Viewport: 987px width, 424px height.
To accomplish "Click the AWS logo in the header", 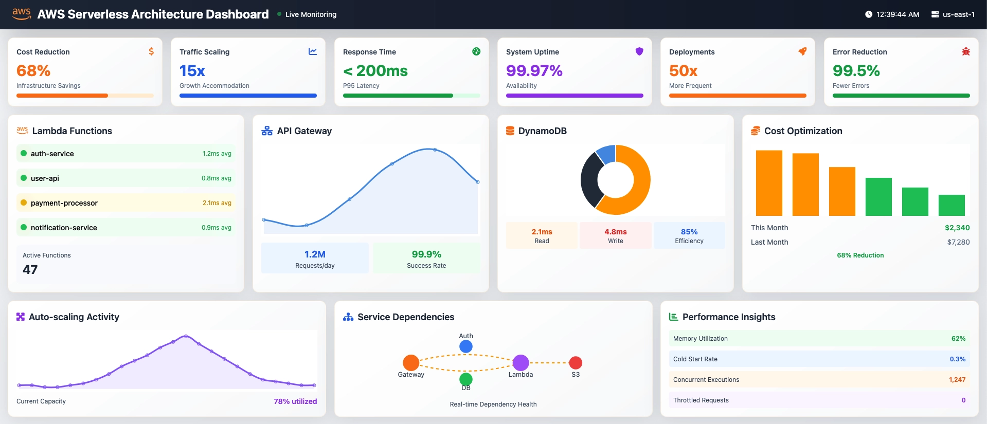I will tap(22, 14).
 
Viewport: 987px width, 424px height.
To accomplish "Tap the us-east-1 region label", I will tap(958, 14).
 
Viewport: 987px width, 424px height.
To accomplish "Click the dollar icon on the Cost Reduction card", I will tap(151, 51).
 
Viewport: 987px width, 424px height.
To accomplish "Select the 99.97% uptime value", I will tap(534, 70).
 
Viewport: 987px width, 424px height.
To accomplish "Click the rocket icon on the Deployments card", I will tap(802, 51).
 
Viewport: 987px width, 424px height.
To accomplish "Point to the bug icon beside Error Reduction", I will tap(965, 51).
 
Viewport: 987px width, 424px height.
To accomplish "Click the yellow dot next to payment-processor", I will tap(24, 202).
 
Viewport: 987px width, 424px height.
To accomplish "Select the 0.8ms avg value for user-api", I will tap(216, 178).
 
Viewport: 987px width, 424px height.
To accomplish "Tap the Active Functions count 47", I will tap(30, 269).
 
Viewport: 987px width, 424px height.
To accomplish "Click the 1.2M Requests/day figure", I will tap(315, 254).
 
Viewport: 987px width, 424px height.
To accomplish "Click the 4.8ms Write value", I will tap(615, 232).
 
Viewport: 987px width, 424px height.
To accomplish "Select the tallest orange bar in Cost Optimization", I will tap(768, 183).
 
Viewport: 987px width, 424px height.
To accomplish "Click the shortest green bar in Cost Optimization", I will tap(951, 205).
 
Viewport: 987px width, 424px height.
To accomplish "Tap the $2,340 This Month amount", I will tap(957, 228).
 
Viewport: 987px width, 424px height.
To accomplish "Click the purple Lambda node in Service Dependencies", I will tap(521, 362).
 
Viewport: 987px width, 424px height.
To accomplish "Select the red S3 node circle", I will tap(576, 362).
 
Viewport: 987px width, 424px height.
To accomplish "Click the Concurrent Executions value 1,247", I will tap(957, 380).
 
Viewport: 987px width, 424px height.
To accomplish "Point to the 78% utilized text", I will tap(295, 401).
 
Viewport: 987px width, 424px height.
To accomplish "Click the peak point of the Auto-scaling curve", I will tap(186, 336).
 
